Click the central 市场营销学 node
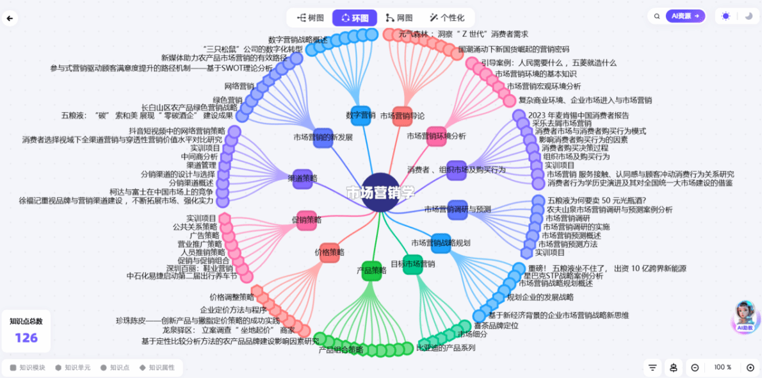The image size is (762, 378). (380, 192)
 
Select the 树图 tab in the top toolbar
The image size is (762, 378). (310, 18)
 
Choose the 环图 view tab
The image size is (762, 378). (354, 18)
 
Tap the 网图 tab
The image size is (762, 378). (399, 18)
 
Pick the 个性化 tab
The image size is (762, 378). (446, 18)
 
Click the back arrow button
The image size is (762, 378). (10, 18)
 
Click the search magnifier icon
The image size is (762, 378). (657, 17)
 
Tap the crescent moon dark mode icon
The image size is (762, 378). (749, 17)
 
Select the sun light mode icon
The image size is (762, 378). (726, 17)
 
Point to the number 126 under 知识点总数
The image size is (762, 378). (26, 338)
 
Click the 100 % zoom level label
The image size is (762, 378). (723, 367)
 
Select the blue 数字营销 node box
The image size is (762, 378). (361, 115)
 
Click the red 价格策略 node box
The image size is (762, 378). (329, 252)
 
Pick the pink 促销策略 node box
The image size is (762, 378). (306, 220)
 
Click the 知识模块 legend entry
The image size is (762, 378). (28, 368)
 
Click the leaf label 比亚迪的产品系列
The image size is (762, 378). (446, 348)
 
